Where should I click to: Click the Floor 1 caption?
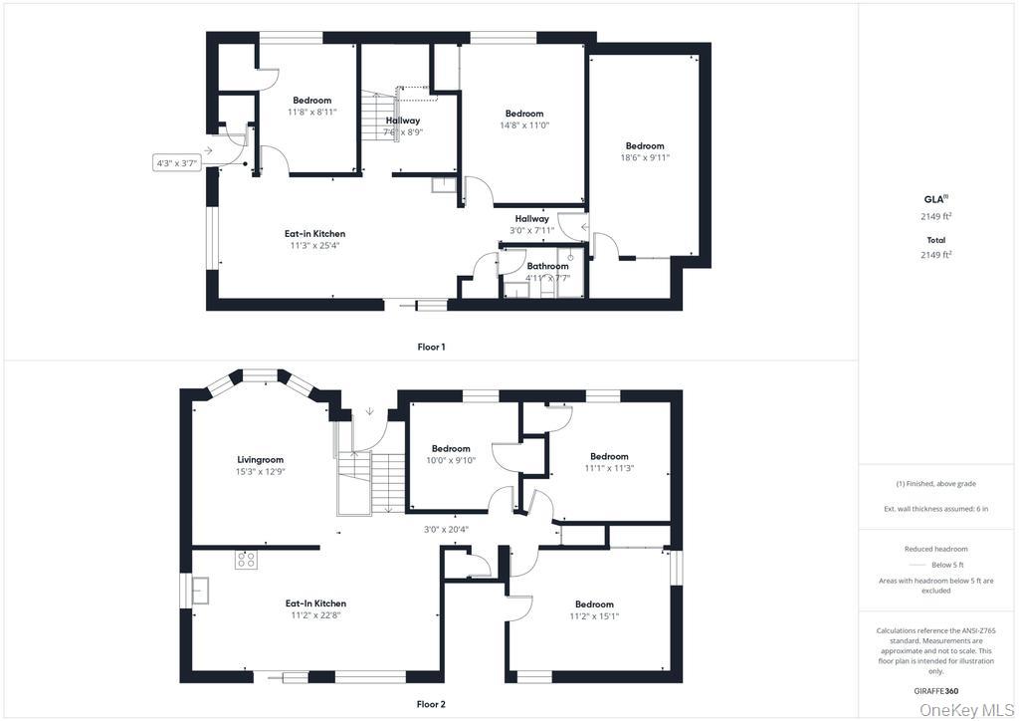pos(431,348)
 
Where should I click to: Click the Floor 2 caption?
pos(431,704)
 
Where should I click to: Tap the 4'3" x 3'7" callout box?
pos(176,164)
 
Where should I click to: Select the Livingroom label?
pos(260,460)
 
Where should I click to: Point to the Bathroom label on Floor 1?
pos(547,266)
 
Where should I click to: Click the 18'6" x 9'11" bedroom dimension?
pos(645,157)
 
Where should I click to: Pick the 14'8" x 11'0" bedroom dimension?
pos(524,124)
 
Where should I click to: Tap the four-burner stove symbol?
pos(246,560)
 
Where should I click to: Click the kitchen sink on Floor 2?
pos(200,591)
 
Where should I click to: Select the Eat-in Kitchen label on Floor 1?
pos(315,233)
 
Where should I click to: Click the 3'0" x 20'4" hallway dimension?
pos(446,529)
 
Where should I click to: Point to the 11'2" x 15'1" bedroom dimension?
pos(594,615)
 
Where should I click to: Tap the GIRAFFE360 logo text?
pos(935,691)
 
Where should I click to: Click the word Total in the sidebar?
pos(935,240)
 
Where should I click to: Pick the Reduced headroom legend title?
pos(935,549)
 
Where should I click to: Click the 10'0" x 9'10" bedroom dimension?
pos(451,460)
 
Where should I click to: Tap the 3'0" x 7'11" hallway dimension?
pos(531,230)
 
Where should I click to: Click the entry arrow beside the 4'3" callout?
pos(207,150)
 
